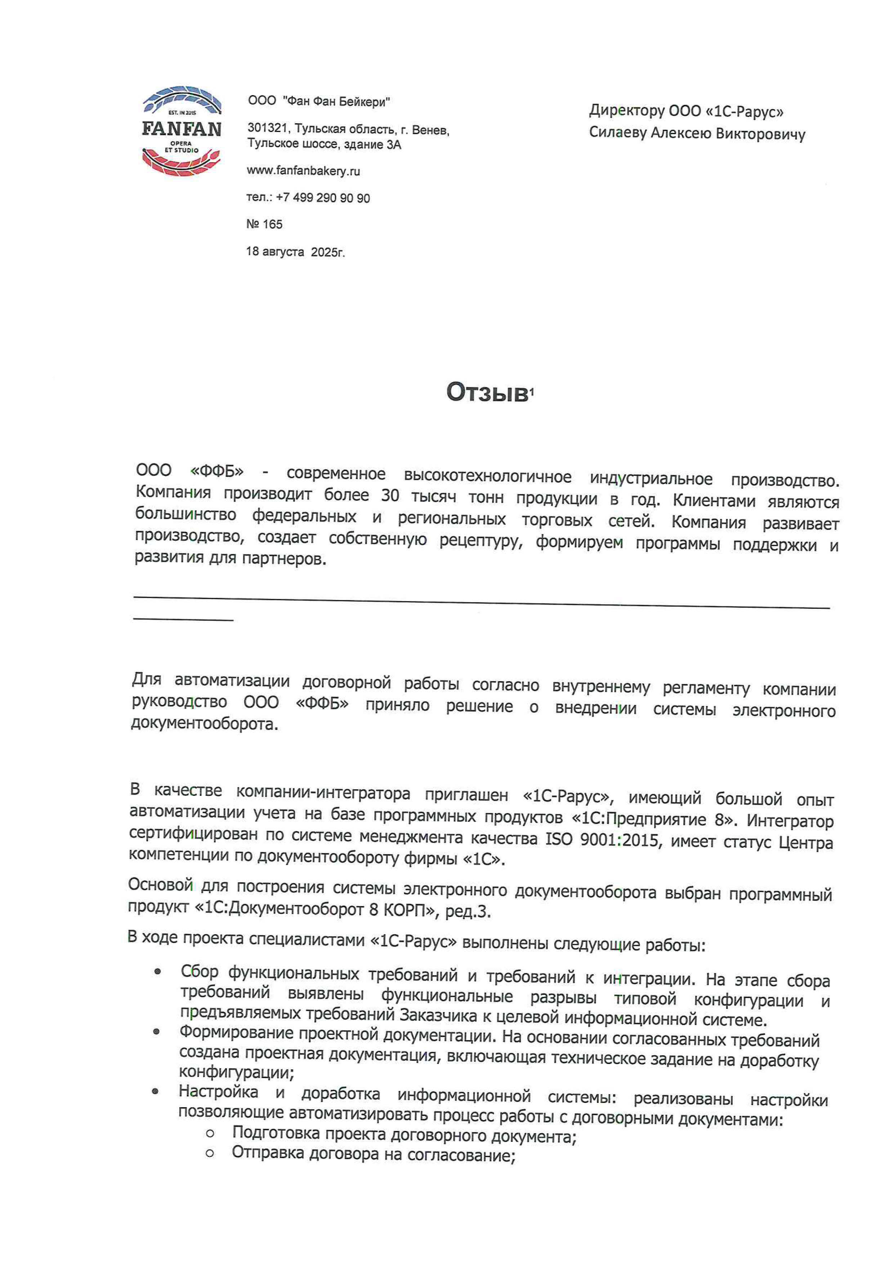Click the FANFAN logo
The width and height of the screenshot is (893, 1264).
182,131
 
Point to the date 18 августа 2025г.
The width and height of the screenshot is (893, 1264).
295,252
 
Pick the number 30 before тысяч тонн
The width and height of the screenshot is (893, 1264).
389,495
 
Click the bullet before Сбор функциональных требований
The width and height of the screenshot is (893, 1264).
158,972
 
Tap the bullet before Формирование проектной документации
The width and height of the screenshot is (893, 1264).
157,1031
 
